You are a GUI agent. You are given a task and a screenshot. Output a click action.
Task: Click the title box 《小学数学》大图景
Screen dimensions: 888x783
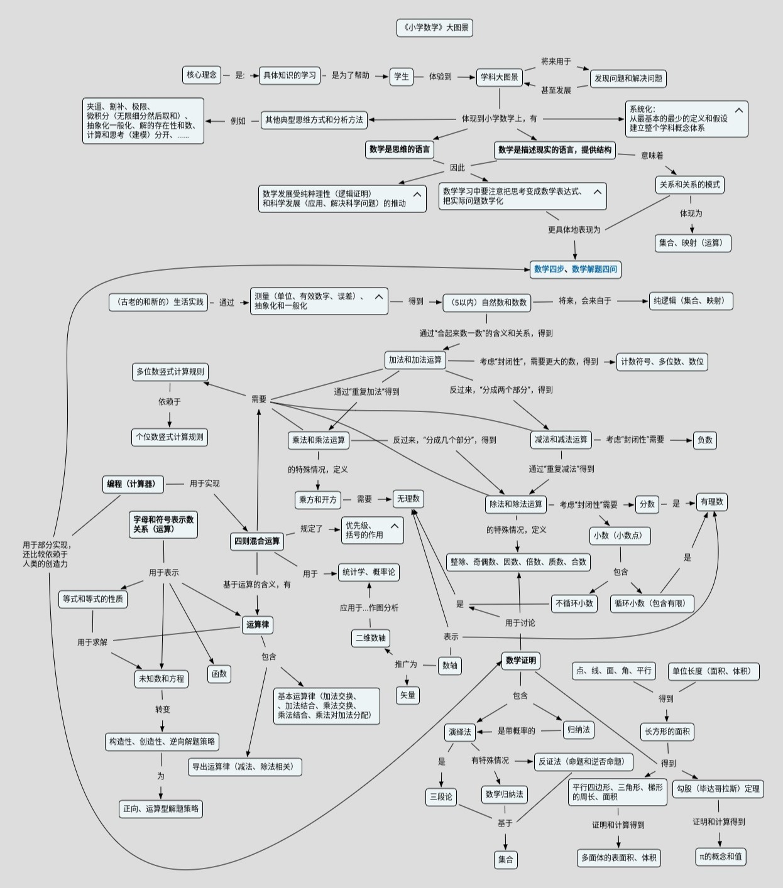click(434, 28)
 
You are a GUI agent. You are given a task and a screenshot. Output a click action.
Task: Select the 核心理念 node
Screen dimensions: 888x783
click(202, 75)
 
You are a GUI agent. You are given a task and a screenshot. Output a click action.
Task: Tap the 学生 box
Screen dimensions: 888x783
click(402, 77)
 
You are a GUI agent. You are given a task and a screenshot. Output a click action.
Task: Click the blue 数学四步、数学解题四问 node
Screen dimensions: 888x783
click(575, 269)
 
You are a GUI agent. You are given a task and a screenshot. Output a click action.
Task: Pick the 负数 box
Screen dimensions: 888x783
click(704, 440)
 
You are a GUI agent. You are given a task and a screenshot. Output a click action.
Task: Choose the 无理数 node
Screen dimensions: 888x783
click(408, 499)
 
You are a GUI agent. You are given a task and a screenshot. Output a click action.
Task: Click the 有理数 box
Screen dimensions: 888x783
click(711, 502)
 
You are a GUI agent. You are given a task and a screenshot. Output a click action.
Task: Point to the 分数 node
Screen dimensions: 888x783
click(647, 504)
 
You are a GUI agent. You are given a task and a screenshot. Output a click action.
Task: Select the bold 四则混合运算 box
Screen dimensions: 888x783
click(257, 541)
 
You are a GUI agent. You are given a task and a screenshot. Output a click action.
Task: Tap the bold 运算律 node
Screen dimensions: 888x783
click(258, 625)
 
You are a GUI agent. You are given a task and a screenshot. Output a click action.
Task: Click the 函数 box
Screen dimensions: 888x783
click(219, 674)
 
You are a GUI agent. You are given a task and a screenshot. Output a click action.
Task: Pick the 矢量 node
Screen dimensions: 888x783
click(408, 695)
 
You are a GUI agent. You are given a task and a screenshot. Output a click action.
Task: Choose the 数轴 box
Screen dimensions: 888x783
click(450, 666)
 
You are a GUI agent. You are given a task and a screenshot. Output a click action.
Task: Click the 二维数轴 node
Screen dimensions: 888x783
click(370, 638)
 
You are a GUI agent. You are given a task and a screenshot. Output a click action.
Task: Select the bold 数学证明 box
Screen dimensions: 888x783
click(521, 661)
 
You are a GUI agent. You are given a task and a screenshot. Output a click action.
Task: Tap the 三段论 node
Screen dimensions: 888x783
click(441, 797)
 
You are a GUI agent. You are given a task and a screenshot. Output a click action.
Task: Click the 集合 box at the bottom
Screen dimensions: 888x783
click(505, 860)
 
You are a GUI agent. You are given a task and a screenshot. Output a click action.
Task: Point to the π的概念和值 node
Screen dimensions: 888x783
click(720, 857)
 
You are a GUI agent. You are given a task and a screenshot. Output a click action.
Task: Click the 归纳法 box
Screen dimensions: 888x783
click(578, 730)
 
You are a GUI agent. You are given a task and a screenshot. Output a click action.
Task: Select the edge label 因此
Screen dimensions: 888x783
click(457, 168)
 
